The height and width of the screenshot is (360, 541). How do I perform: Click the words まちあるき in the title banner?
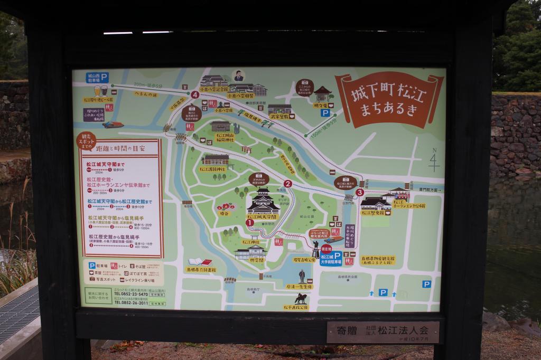(x=389, y=110)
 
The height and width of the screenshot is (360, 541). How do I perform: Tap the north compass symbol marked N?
(x=434, y=159)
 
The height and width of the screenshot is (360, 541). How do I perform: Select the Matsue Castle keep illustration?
(x=263, y=202)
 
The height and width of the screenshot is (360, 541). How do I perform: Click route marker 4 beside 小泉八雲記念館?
(x=195, y=94)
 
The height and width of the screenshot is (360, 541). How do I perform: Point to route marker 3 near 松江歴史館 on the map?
(x=360, y=192)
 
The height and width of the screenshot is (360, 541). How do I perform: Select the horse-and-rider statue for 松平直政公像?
(x=301, y=298)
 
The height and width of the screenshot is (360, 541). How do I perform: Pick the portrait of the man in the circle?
(x=239, y=76)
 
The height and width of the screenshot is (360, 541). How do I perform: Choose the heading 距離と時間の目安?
(x=127, y=148)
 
